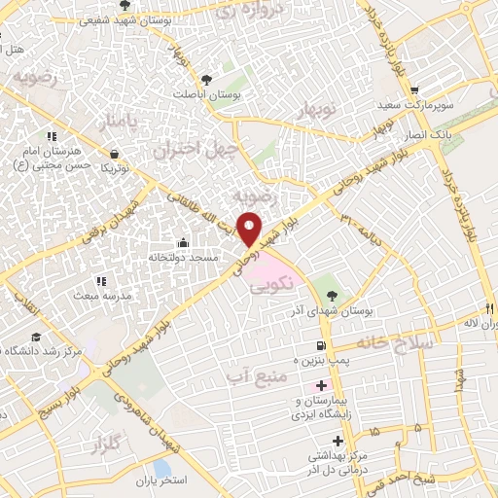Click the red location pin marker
250,228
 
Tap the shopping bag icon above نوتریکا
116,154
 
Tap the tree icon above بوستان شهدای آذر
335,295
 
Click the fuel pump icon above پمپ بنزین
320,346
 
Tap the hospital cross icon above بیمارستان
322,386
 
